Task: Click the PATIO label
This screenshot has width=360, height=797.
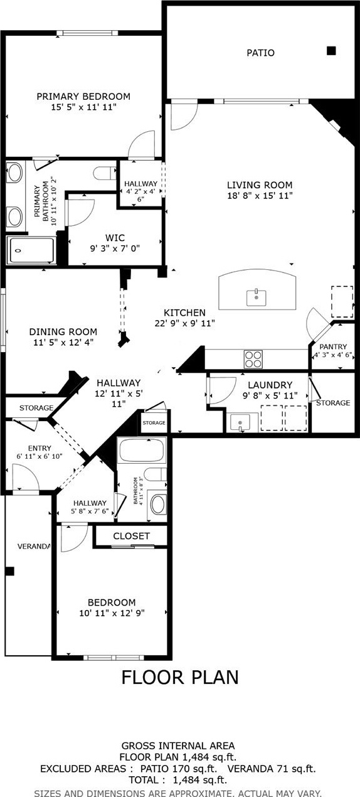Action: click(260, 53)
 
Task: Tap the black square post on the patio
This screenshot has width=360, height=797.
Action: click(331, 51)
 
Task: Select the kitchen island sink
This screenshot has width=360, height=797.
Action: click(256, 298)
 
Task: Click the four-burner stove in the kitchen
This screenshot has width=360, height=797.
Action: click(253, 360)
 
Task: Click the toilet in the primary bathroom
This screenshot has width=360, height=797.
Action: click(105, 174)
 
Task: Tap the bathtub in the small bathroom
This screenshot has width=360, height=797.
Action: click(142, 451)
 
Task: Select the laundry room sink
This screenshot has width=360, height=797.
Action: click(240, 422)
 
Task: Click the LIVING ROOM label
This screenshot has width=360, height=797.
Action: click(260, 185)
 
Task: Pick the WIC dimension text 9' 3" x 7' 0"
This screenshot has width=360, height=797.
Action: click(115, 248)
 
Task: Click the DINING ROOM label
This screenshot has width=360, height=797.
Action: click(63, 332)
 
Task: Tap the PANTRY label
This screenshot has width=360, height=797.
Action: click(333, 346)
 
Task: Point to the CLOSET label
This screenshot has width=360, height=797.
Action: click(131, 536)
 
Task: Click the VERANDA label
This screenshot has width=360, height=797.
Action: click(34, 546)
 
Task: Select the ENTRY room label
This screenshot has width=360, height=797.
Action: click(40, 448)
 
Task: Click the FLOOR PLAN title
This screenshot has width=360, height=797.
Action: click(180, 677)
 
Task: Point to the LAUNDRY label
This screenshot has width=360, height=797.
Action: click(270, 385)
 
